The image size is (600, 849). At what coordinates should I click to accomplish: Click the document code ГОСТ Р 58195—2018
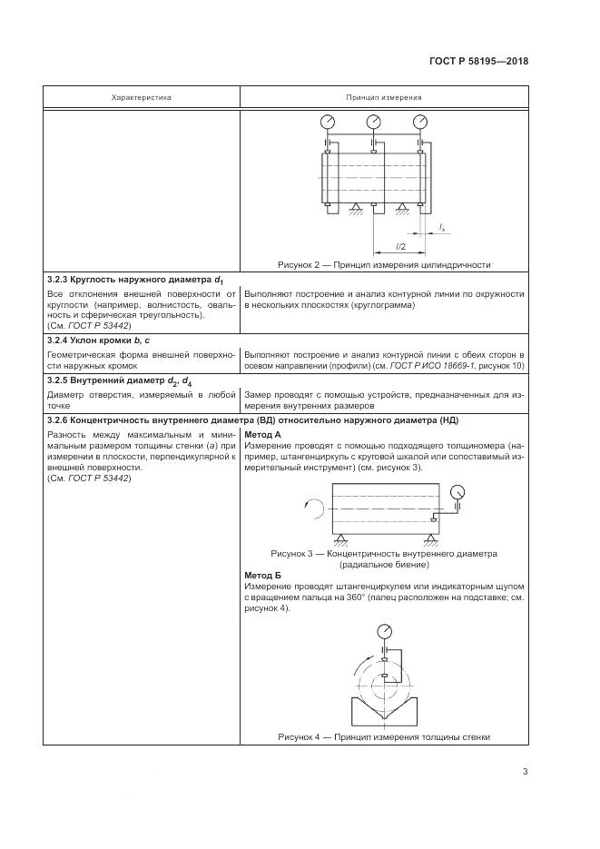pyautogui.click(x=479, y=62)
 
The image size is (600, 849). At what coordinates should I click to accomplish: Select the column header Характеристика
pyautogui.click(x=141, y=96)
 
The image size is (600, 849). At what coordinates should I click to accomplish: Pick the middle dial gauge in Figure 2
pyautogui.click(x=373, y=122)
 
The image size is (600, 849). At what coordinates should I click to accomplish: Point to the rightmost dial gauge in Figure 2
pyautogui.click(x=419, y=122)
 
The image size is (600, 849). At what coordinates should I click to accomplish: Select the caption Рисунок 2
pyautogui.click(x=384, y=265)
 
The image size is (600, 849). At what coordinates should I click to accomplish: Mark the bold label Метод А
pyautogui.click(x=264, y=435)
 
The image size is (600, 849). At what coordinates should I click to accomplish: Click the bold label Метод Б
pyautogui.click(x=264, y=576)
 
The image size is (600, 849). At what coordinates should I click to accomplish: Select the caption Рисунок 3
pyautogui.click(x=384, y=553)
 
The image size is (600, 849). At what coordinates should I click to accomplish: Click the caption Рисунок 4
pyautogui.click(x=384, y=737)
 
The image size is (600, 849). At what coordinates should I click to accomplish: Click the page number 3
pyautogui.click(x=526, y=772)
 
